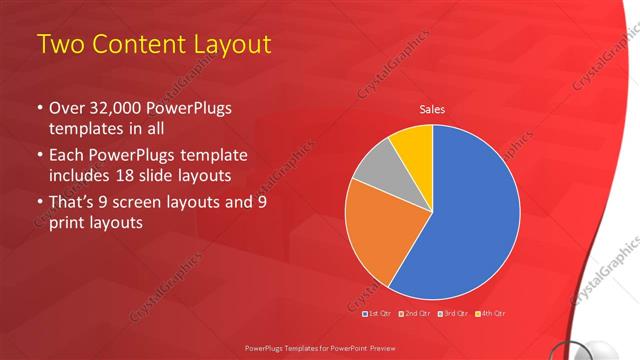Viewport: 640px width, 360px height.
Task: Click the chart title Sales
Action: click(x=432, y=109)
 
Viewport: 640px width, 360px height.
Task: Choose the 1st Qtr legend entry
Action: click(x=378, y=314)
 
